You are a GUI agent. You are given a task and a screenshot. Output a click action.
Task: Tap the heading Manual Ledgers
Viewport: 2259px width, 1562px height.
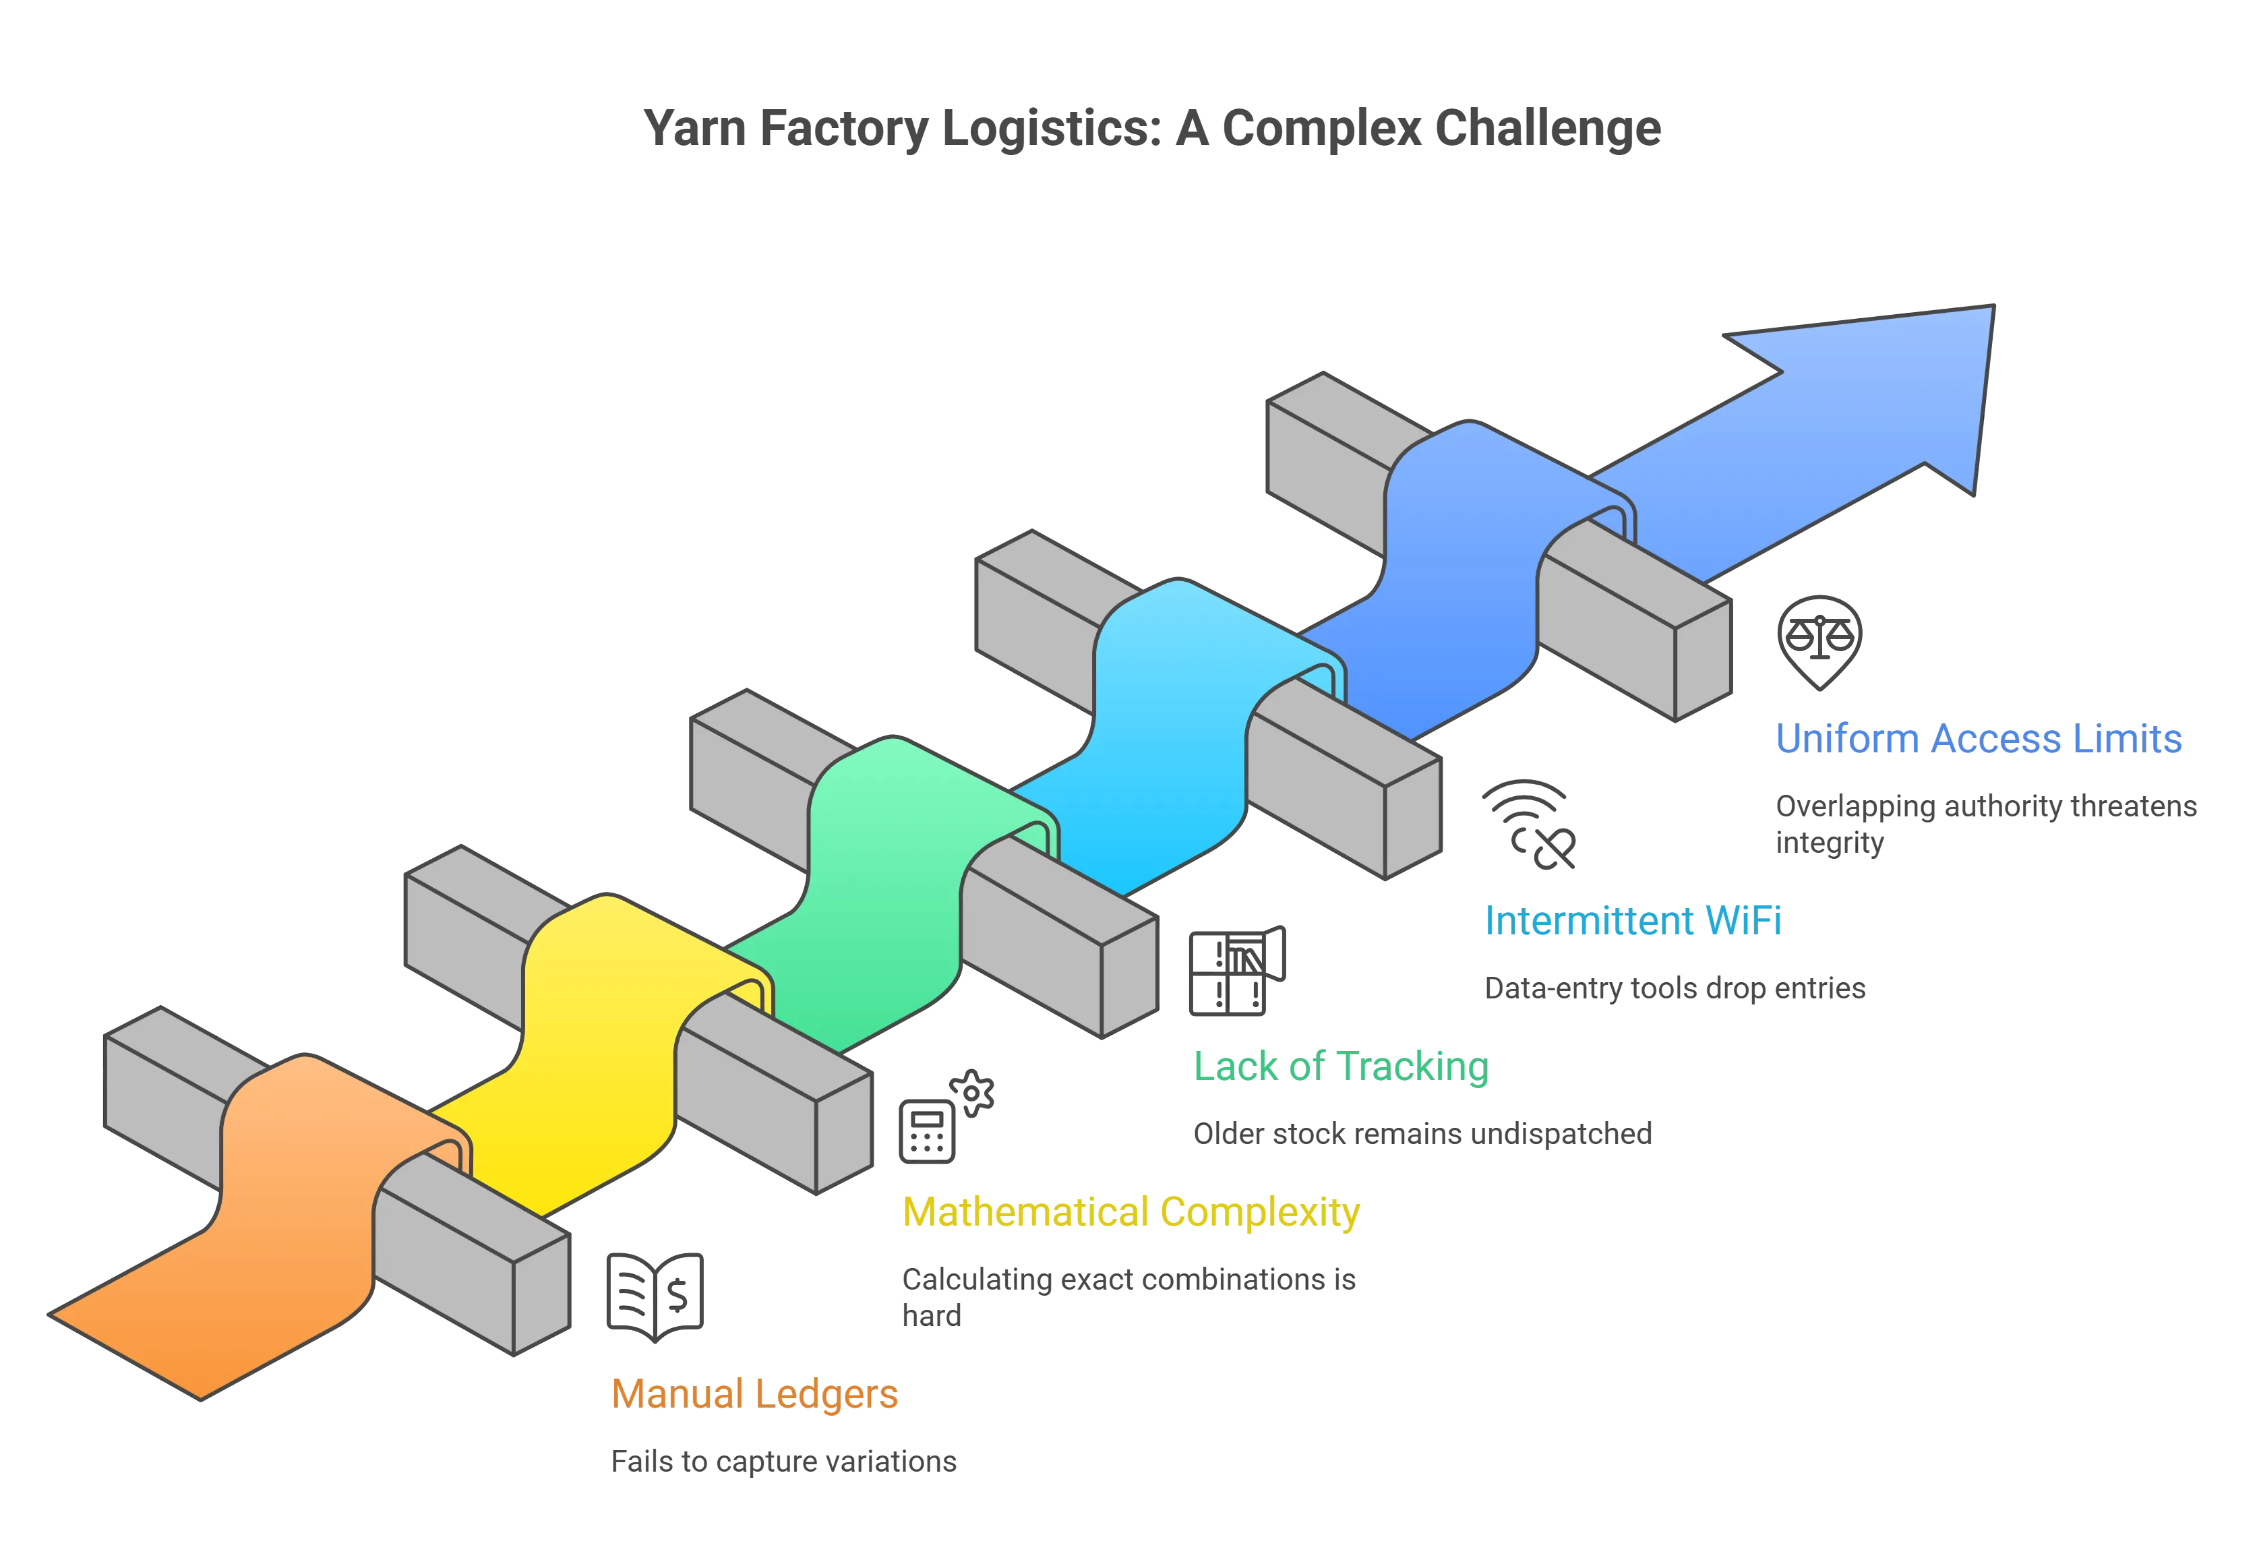pos(754,1393)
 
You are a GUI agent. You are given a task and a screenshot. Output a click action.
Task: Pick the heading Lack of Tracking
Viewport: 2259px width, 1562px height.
pos(1339,1066)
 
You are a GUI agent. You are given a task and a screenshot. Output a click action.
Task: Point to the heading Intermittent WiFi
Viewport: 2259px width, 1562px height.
pos(1633,920)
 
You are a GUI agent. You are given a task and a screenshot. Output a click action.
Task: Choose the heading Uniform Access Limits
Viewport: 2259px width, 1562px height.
pos(1977,738)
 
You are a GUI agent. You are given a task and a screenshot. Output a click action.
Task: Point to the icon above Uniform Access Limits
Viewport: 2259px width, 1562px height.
pos(1819,641)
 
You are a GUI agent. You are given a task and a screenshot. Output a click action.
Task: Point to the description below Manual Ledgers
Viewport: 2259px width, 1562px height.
pos(783,1460)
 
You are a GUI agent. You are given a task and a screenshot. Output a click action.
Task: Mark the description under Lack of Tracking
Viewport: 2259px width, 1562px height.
pos(1422,1135)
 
